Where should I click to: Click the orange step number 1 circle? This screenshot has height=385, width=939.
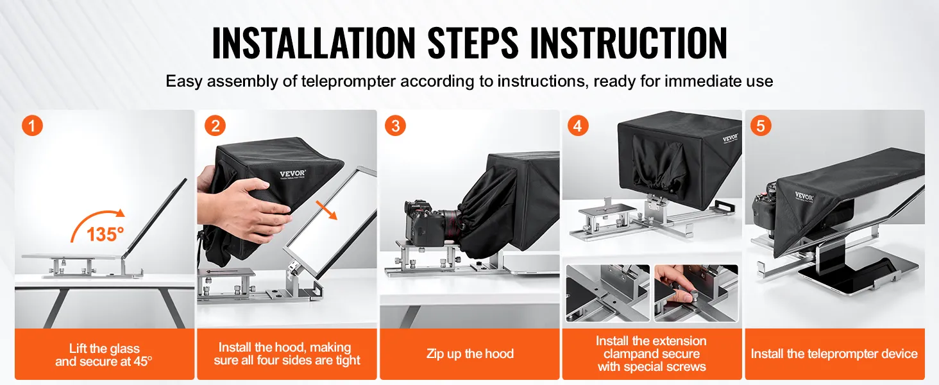[x=32, y=125]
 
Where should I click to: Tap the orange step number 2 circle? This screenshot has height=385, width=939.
[x=215, y=125]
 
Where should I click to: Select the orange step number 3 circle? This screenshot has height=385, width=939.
[x=395, y=125]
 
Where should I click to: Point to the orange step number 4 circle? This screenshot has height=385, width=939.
[x=578, y=125]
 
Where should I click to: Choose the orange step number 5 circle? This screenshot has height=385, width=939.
[x=761, y=125]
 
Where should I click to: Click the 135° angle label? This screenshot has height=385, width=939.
[x=105, y=234]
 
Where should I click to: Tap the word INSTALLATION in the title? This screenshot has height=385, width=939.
[x=314, y=43]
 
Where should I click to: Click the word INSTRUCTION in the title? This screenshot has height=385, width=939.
[x=629, y=43]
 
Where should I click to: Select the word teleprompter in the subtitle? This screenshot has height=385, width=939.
[x=348, y=81]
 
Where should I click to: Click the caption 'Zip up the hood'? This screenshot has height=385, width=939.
[x=470, y=354]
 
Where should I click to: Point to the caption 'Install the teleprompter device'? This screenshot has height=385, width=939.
[x=834, y=354]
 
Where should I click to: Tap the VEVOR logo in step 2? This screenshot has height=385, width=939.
[x=292, y=174]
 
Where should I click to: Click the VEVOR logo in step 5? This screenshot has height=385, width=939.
[x=804, y=196]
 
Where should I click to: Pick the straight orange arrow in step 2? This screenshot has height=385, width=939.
[x=326, y=210]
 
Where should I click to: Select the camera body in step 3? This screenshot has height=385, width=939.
[x=421, y=223]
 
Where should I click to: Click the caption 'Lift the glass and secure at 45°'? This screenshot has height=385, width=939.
[x=104, y=355]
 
